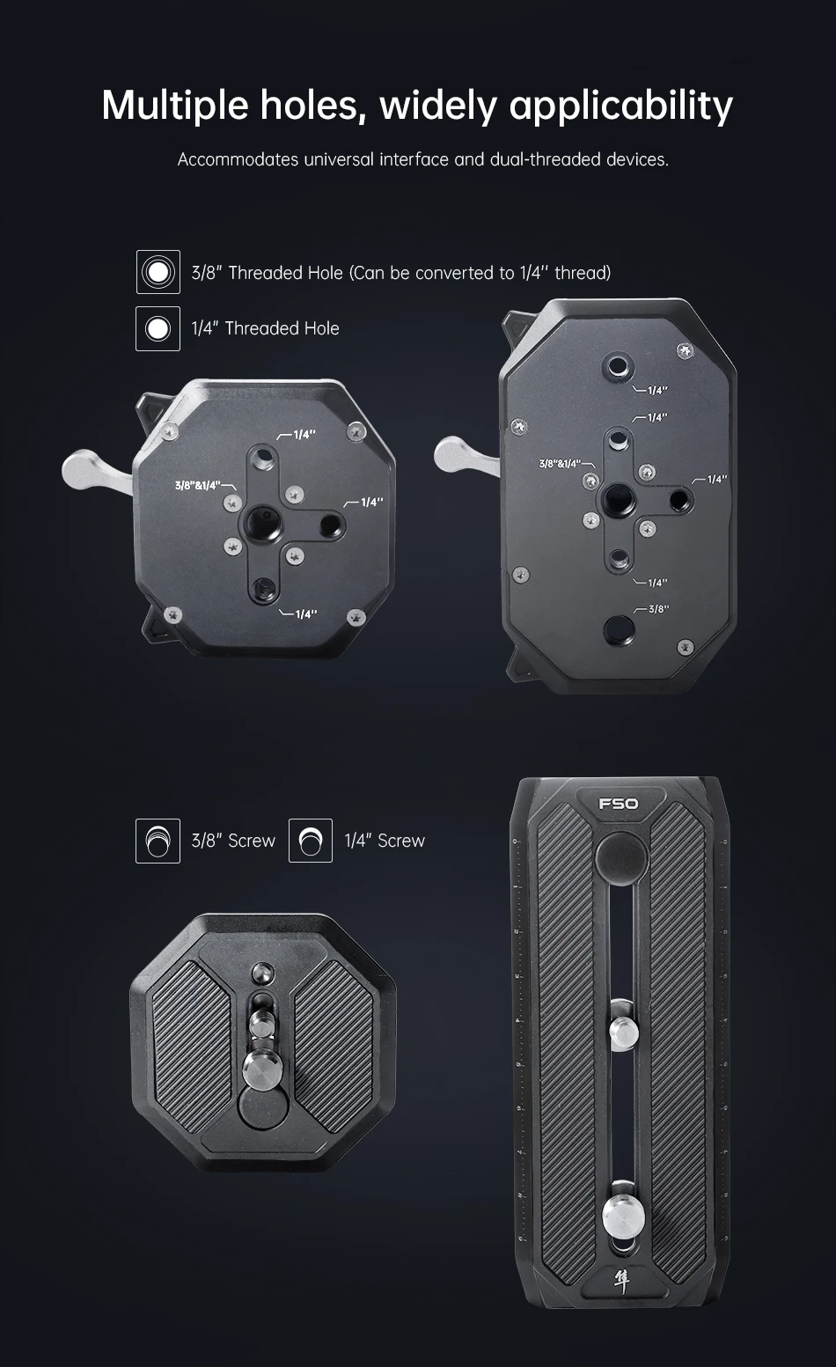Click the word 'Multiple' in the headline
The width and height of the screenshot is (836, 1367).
[x=175, y=105]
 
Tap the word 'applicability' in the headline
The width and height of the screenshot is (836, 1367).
[x=620, y=105]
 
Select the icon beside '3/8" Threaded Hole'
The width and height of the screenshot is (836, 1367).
[x=158, y=272]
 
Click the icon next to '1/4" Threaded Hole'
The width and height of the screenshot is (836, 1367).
[x=158, y=329]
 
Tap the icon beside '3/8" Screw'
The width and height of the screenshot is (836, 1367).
[x=158, y=841]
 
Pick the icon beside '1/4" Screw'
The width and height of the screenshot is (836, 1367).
[x=311, y=841]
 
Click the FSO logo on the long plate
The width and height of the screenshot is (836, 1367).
[x=619, y=804]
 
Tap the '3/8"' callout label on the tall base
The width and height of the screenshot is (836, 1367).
[x=658, y=609]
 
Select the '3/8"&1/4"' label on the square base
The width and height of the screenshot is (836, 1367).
[x=197, y=485]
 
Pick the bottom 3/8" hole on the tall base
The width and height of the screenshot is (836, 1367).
[x=618, y=630]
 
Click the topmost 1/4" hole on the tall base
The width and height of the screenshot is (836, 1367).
[x=618, y=368]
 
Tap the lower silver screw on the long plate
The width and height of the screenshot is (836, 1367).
[x=623, y=1215]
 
